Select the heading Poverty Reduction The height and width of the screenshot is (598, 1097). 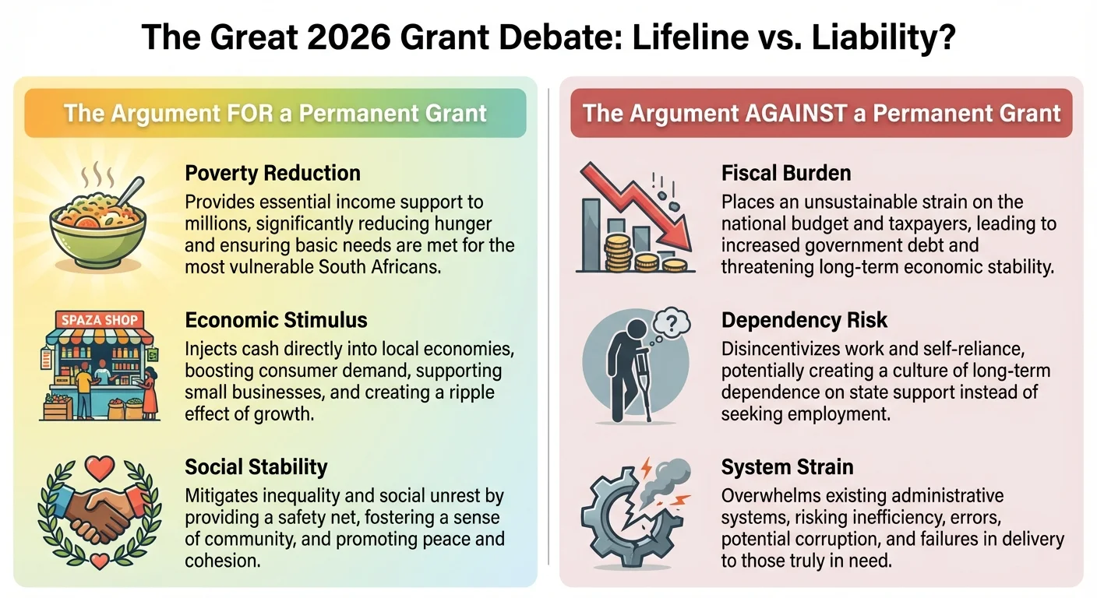pos(273,173)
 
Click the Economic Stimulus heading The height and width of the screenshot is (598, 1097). pos(276,320)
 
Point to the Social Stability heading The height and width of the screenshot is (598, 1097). pos(256,467)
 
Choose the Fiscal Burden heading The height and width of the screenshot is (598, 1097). pos(786,173)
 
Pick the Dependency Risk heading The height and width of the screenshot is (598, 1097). pos(804,320)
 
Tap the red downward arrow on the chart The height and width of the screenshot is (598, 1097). pos(647,202)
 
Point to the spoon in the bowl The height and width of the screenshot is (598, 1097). pos(131,191)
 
